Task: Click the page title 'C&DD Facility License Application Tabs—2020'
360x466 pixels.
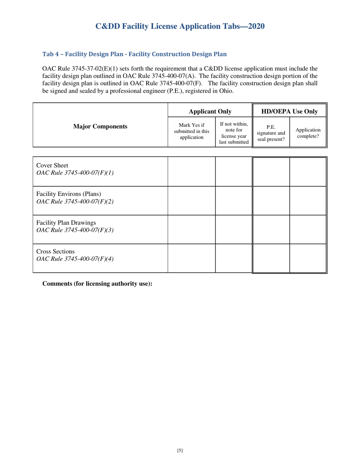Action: pos(180,26)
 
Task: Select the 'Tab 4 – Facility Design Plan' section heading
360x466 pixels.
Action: pos(135,54)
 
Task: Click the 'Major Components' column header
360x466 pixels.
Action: pos(100,126)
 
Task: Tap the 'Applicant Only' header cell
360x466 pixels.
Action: pos(210,111)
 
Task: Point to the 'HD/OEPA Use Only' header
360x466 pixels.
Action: pos(290,111)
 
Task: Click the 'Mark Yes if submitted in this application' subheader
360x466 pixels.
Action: pos(191,131)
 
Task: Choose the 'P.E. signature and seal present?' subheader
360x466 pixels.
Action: pos(271,133)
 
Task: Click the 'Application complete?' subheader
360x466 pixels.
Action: pos(308,133)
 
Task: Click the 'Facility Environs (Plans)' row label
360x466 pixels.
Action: pos(68,194)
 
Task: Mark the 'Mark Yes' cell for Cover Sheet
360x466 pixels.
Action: pos(191,172)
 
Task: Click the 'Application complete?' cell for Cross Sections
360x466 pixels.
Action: pos(308,258)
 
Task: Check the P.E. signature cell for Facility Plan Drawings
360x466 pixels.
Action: pos(271,229)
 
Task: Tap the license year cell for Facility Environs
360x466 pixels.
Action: pos(233,200)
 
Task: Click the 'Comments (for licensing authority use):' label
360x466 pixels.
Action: pos(97,283)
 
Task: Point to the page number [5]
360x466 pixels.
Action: pos(180,450)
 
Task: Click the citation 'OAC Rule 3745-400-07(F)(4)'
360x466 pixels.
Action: pos(75,259)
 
